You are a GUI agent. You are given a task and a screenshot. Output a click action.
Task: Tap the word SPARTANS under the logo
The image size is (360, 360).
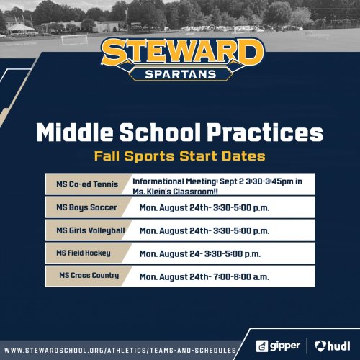[181, 74]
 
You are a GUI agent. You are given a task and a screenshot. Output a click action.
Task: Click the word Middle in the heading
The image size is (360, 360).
[75, 132]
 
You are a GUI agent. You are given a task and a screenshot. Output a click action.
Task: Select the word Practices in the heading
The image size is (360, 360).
[265, 132]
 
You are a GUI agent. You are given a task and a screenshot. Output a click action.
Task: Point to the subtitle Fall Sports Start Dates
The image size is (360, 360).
[180, 156]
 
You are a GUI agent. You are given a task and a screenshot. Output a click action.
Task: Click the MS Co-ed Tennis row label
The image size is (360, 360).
[87, 184]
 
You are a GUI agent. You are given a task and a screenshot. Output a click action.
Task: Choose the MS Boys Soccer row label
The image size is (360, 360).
[86, 207]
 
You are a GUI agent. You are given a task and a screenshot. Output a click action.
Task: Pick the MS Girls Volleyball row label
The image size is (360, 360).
[91, 230]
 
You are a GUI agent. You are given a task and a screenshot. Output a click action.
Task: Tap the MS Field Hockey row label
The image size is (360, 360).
[84, 253]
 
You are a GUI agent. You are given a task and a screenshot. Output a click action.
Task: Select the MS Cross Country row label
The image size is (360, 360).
[89, 276]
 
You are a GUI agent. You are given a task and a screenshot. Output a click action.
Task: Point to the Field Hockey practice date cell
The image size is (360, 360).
[200, 254]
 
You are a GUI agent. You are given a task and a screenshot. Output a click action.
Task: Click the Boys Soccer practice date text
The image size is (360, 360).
[204, 208]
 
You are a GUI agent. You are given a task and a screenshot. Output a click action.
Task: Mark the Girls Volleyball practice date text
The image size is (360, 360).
[204, 231]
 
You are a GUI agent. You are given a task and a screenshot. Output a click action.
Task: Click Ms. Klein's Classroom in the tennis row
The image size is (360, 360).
[176, 192]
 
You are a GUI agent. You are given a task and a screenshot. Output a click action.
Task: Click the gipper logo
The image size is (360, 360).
[278, 346]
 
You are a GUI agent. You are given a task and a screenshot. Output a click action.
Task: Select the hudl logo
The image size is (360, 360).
[333, 346]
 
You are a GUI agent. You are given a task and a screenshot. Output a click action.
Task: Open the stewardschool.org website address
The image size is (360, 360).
[120, 351]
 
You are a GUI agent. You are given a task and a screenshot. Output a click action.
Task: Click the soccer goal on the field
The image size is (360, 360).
[74, 40]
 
